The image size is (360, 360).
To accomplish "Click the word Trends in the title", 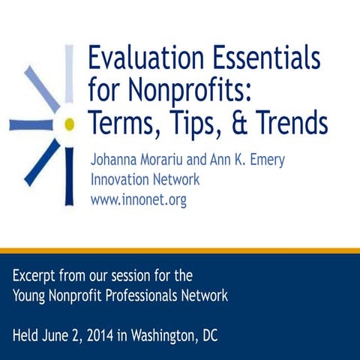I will tap(287, 122).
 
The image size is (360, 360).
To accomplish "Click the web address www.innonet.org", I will tap(138, 200).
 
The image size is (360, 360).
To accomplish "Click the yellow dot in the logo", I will tap(69, 123).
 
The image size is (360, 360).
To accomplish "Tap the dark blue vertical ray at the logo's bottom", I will tap(69, 176).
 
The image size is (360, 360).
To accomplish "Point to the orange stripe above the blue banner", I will tap(180, 250).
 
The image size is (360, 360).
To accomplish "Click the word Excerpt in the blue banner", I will tap(36, 276).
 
